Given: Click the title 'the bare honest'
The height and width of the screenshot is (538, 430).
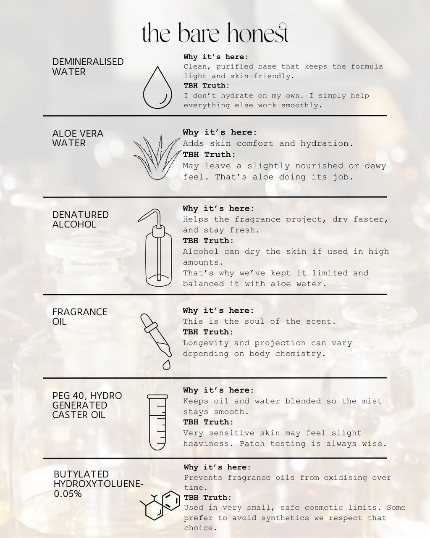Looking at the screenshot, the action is tap(215, 33).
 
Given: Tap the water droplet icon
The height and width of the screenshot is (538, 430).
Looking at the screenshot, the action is tap(157, 87).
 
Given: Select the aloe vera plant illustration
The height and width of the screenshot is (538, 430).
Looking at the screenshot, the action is tap(157, 157).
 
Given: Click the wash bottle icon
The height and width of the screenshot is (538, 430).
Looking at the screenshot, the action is tap(155, 248).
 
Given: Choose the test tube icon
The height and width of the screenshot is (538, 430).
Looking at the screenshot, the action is tap(157, 422).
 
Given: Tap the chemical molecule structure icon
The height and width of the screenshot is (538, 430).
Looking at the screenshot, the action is tap(160, 505).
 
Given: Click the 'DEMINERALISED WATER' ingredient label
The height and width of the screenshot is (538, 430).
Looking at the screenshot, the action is tap(88, 67).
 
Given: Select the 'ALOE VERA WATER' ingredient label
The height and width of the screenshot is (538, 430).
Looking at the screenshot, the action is tap(78, 138).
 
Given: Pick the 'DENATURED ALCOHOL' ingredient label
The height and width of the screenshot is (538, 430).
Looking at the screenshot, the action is tap(81, 219).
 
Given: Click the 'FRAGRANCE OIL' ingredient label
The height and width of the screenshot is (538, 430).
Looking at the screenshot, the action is tap(80, 317).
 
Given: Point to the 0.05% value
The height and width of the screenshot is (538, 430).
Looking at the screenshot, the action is tap(68, 493).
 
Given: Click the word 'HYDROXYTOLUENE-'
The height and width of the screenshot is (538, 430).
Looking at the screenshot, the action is tap(99, 484).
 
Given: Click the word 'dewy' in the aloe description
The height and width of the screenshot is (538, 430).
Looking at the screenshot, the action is tap(375, 166).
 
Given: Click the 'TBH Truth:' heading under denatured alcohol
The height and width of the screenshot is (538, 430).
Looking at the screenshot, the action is tap(208, 240).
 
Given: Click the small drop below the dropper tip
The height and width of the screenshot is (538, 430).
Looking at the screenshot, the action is tap(166, 365).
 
